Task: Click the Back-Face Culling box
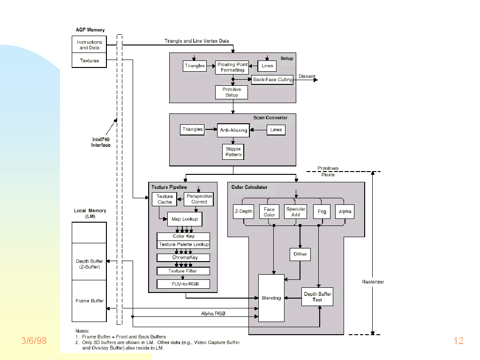272,80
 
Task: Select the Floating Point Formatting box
232,67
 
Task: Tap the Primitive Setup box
232,92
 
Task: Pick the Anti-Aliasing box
233,130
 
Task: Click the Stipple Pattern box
233,152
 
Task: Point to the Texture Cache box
165,199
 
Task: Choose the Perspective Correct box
199,199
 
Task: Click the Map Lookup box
185,219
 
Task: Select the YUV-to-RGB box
183,284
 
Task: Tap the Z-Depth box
243,211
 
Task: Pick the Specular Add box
295,212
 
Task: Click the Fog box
322,211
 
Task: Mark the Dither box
300,254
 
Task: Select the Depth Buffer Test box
317,297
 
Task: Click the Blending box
271,298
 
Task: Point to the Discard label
307,76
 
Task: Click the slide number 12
458,341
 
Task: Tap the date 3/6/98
34,341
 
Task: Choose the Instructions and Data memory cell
90,45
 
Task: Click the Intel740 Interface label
101,142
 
